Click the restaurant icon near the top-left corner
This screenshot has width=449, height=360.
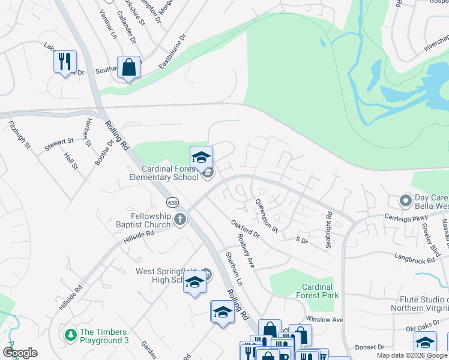tap(65, 62)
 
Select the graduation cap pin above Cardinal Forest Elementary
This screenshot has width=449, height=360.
tap(201, 158)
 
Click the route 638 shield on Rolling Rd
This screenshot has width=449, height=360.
tap(172, 202)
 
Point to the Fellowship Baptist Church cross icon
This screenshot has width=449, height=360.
tap(179, 220)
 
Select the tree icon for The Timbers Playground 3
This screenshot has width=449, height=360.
tap(70, 334)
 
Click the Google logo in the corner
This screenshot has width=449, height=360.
tap(20, 353)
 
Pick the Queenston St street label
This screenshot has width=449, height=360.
tap(267, 216)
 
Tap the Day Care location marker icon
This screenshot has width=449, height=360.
tap(406, 200)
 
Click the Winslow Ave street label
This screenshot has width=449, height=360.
tap(324, 319)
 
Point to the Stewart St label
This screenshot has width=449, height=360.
tap(59, 144)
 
